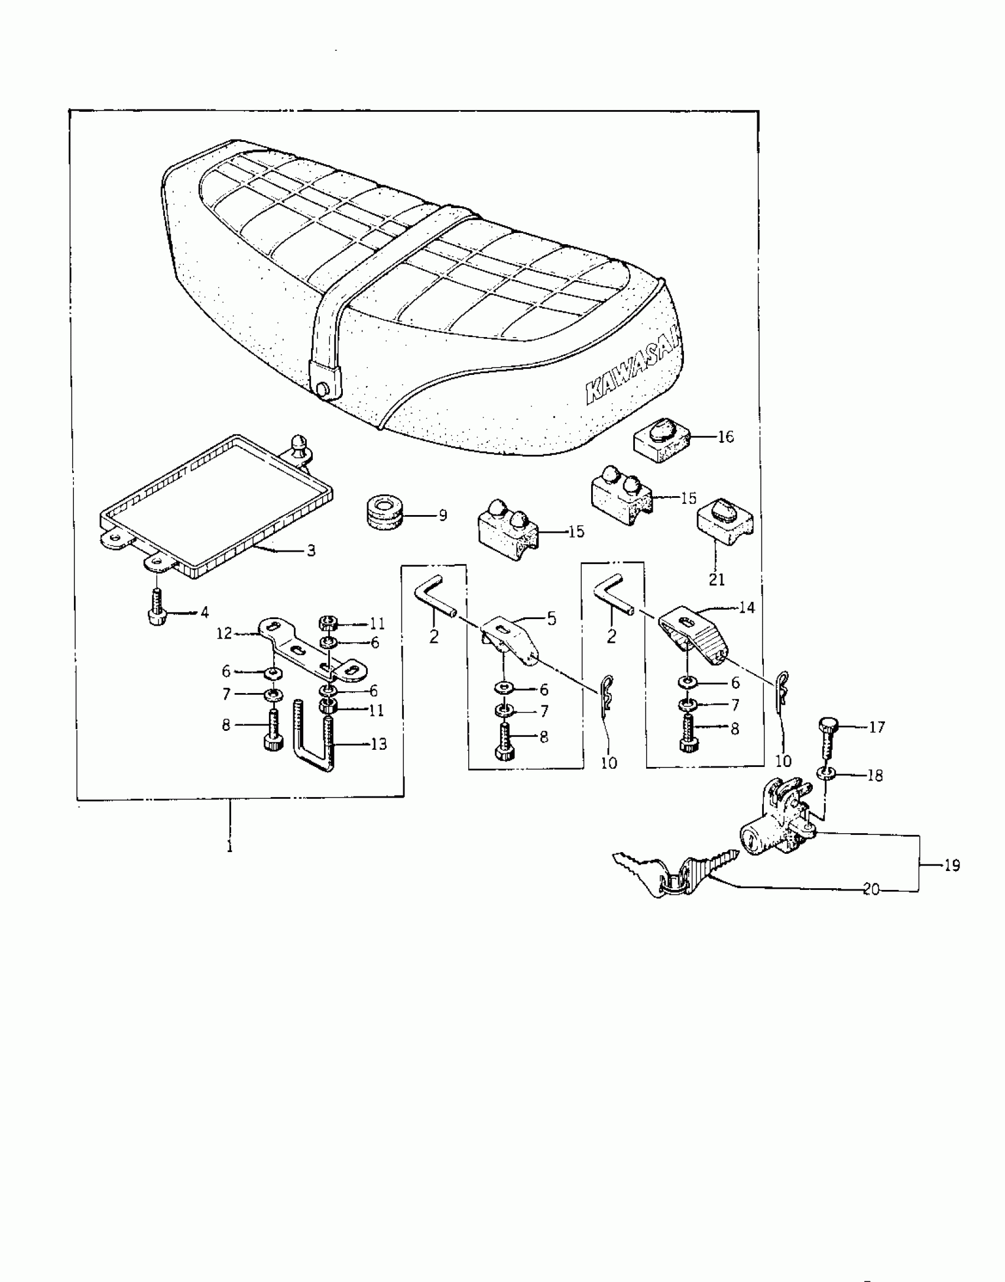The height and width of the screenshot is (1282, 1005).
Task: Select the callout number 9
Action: (x=442, y=515)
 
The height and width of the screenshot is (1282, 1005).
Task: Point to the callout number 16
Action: (x=725, y=437)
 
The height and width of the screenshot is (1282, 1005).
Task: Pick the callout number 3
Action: (x=310, y=551)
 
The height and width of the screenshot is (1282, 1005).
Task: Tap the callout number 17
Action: (x=877, y=727)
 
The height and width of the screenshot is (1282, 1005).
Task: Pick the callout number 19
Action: (x=952, y=866)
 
